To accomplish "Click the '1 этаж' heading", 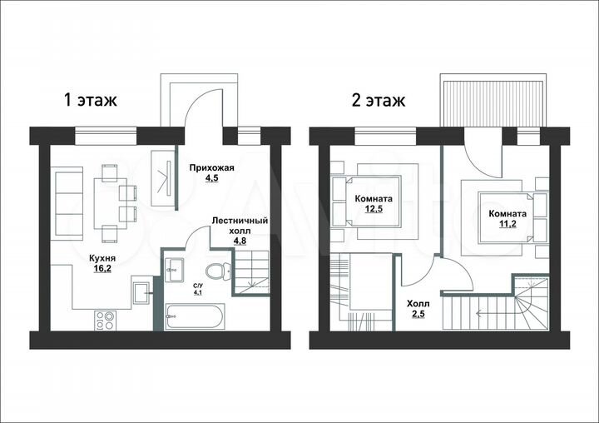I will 92,101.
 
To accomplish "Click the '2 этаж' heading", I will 379,102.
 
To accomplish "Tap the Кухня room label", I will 101,258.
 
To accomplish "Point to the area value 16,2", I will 102,269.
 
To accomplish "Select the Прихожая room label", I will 212,167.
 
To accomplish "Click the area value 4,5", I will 211,178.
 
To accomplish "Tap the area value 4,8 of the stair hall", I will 240,241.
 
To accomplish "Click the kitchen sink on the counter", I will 141,291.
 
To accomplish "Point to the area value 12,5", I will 374,210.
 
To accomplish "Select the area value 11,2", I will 494,222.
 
